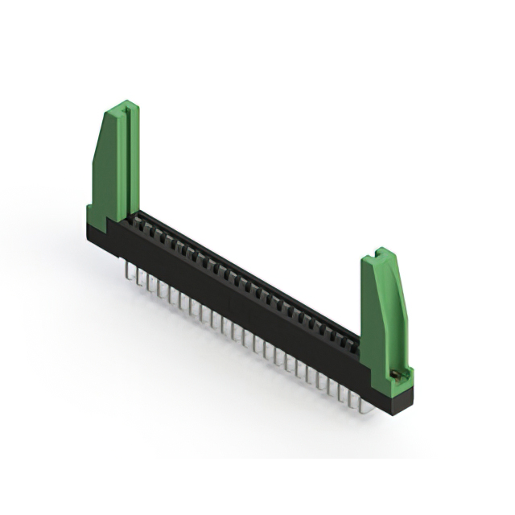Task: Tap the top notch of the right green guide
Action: (377, 256)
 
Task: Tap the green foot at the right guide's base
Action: (401, 378)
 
